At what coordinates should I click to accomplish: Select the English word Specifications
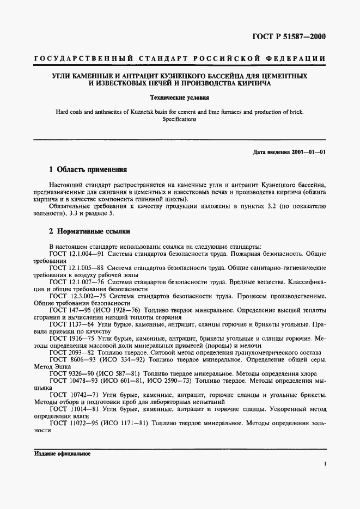[180, 119]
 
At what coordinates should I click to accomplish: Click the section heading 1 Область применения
[88, 169]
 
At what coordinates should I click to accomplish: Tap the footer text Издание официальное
[62, 453]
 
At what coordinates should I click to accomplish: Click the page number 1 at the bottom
[325, 464]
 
